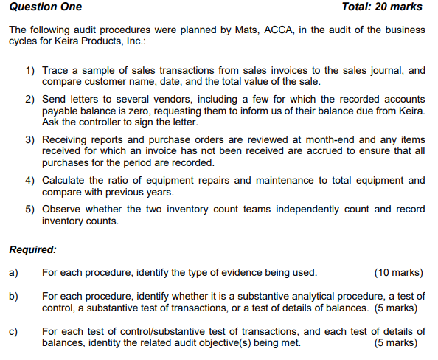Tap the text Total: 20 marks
(x=382, y=7)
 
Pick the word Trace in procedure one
(x=55, y=71)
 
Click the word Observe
(x=63, y=209)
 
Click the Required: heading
(x=32, y=249)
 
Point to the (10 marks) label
(x=399, y=273)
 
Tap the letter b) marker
(x=13, y=297)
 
